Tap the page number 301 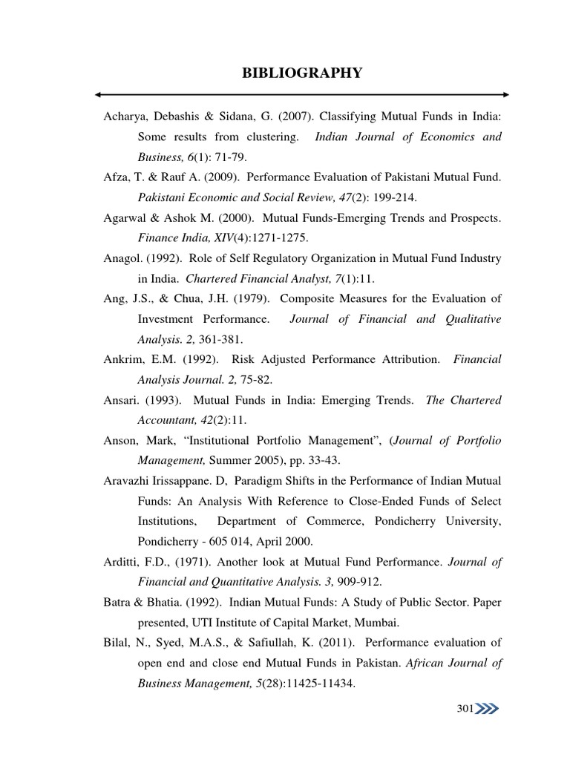pyautogui.click(x=465, y=709)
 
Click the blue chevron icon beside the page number pyautogui.click(x=487, y=709)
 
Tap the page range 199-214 pyautogui.click(x=360, y=198)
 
